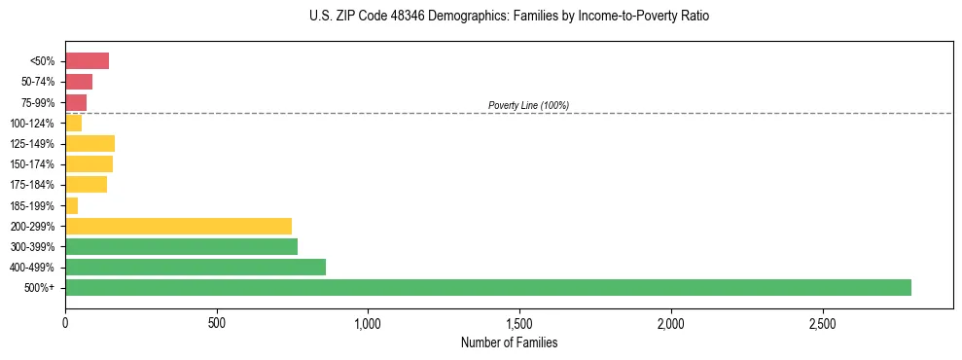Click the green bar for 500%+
pos(487,287)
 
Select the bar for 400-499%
pos(195,267)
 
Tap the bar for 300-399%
pos(181,246)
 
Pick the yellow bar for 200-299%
pos(178,226)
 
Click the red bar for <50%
pos(87,61)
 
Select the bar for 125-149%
pos(89,144)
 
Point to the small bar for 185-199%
pos(71,205)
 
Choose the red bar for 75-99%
pos(76,102)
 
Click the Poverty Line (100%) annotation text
pos(528,105)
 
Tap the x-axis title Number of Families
pos(509,342)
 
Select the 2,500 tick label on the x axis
pos(823,322)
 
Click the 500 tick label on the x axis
pos(217,322)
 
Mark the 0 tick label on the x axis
pos(65,322)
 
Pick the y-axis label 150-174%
pos(32,164)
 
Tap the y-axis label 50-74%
pos(37,82)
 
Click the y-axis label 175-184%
pos(32,185)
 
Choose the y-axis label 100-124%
pos(32,124)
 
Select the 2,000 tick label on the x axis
pos(671,322)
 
